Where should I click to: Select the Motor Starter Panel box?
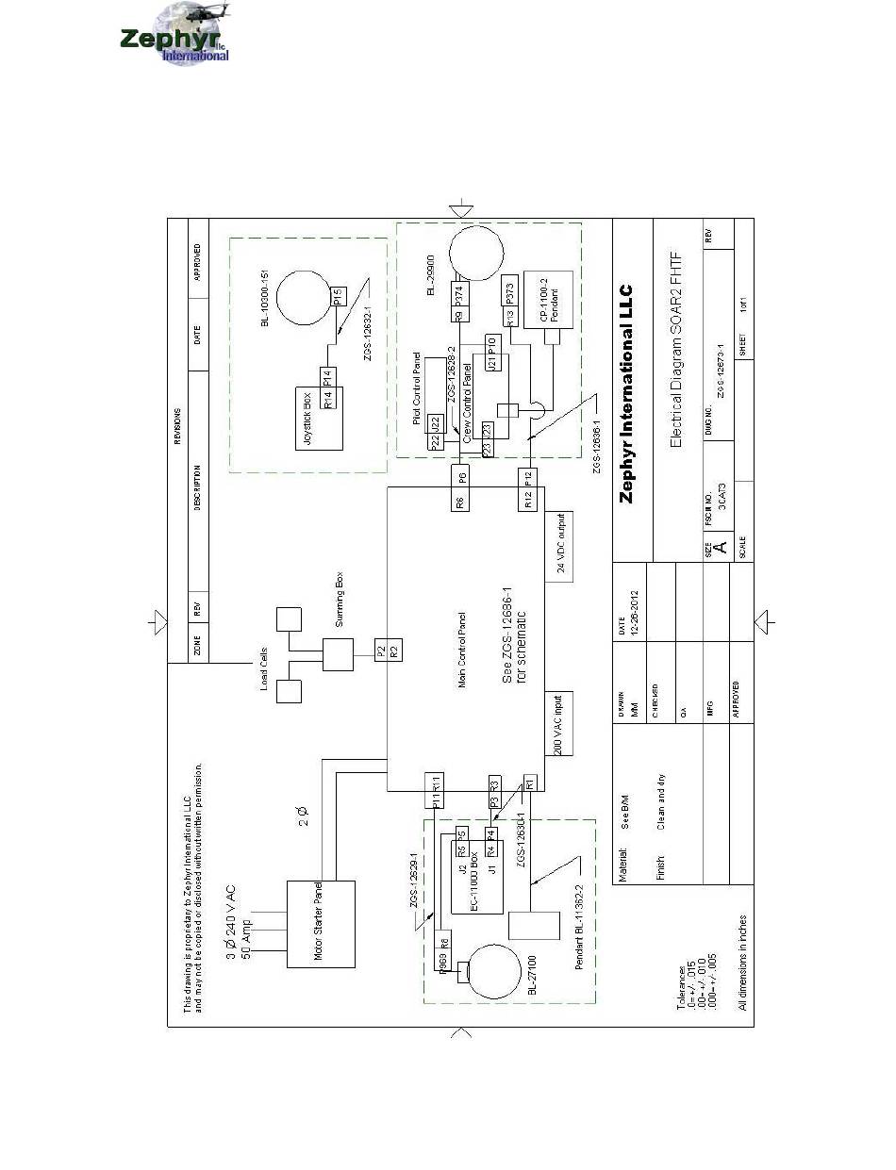pyautogui.click(x=322, y=925)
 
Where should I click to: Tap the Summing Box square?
pyautogui.click(x=338, y=654)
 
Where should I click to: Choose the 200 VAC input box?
pyautogui.click(x=559, y=723)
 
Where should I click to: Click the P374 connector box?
pyautogui.click(x=460, y=293)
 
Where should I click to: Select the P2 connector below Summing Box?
pyautogui.click(x=380, y=650)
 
